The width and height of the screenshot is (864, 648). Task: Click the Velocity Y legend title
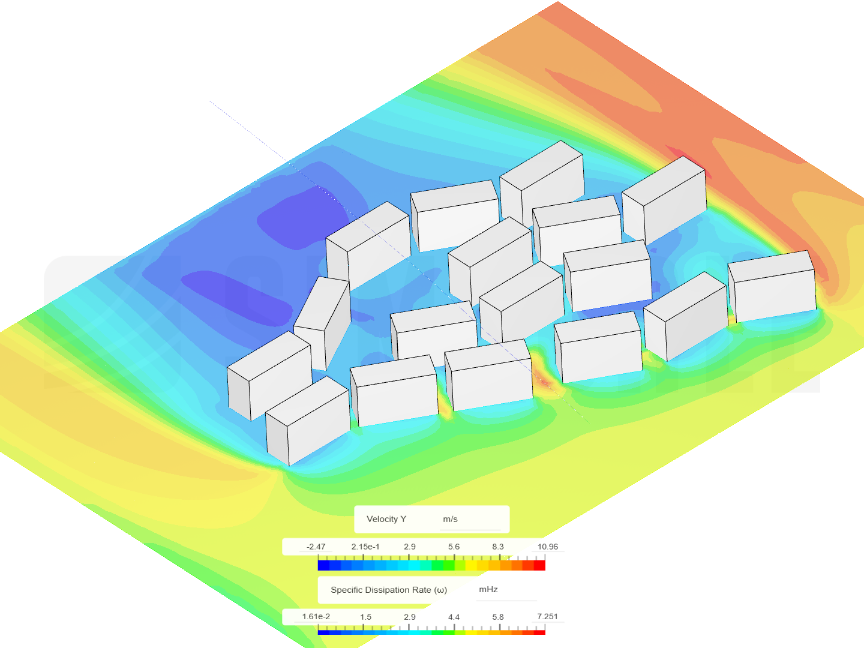[x=386, y=519]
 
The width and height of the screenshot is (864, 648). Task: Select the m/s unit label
[x=451, y=519]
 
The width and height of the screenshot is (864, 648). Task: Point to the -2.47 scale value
[x=316, y=547]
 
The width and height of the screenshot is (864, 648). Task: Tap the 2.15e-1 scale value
[x=365, y=547]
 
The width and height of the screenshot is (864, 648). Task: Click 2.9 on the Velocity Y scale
[x=410, y=547]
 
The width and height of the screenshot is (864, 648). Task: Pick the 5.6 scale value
[x=454, y=547]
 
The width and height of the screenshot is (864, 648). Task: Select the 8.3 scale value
[x=498, y=547]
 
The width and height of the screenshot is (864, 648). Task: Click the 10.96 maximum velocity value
[x=548, y=547]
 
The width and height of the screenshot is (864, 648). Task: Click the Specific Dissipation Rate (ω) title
[x=389, y=590]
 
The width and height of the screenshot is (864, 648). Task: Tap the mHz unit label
[x=488, y=589]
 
